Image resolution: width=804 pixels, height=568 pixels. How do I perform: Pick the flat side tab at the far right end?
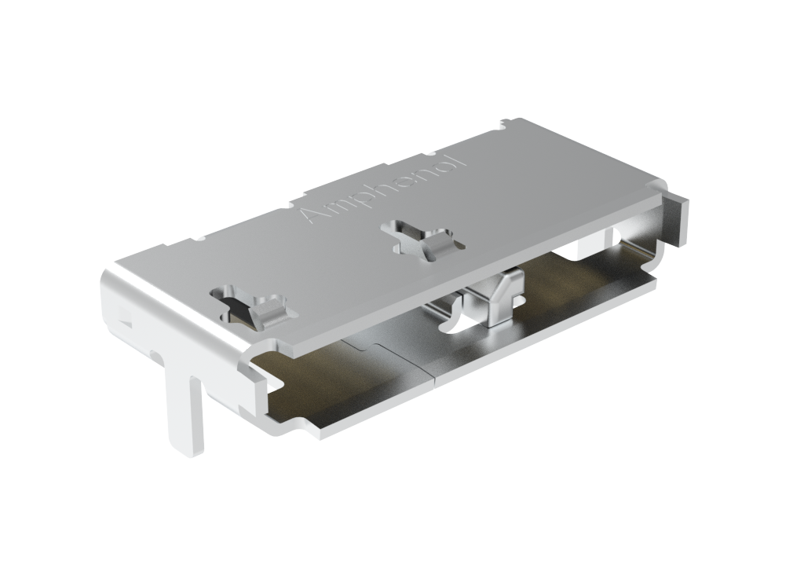tap(676, 220)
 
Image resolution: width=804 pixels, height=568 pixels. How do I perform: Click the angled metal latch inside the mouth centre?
tap(500, 299)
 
